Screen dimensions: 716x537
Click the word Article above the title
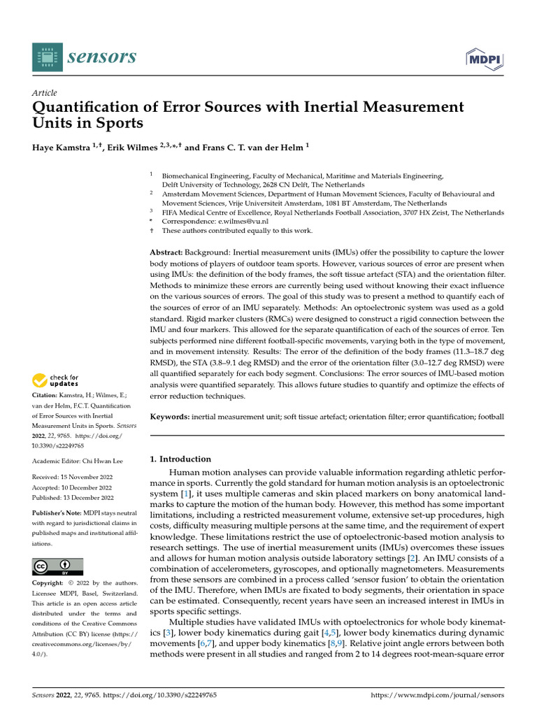point(45,93)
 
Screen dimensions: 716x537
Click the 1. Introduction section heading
point(180,459)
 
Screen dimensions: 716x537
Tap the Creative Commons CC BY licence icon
point(57,566)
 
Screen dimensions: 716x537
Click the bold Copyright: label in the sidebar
point(52,583)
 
